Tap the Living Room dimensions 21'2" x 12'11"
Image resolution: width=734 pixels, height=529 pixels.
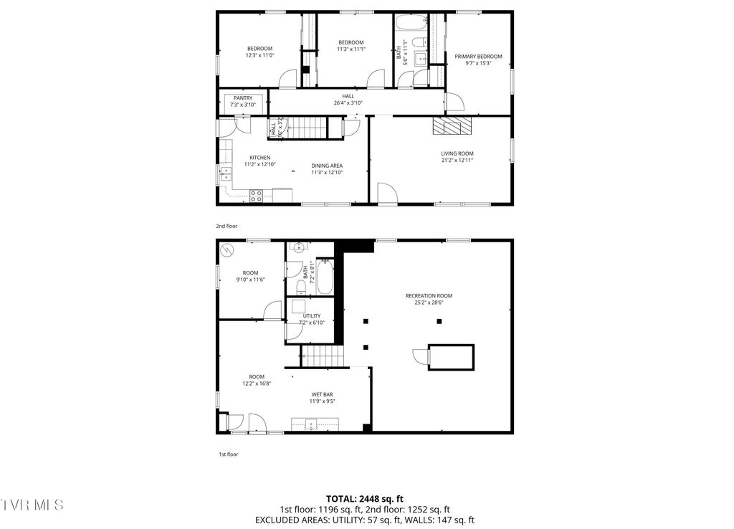[457, 161]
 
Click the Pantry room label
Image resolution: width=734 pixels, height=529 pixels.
[242, 98]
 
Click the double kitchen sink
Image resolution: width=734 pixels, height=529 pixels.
[226, 171]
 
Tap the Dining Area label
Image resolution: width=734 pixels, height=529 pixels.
[326, 166]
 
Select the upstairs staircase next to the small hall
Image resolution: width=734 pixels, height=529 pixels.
[308, 128]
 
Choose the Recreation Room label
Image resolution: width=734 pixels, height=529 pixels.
[429, 295]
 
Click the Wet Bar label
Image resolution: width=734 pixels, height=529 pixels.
[322, 394]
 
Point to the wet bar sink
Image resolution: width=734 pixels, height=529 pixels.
[310, 424]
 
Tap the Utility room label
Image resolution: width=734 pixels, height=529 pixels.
[311, 315]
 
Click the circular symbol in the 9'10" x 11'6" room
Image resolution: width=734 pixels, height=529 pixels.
[228, 250]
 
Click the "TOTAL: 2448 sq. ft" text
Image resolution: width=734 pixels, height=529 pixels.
[364, 498]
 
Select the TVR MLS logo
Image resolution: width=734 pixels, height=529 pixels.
[32, 505]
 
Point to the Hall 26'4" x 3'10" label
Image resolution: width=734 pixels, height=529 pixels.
[348, 96]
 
